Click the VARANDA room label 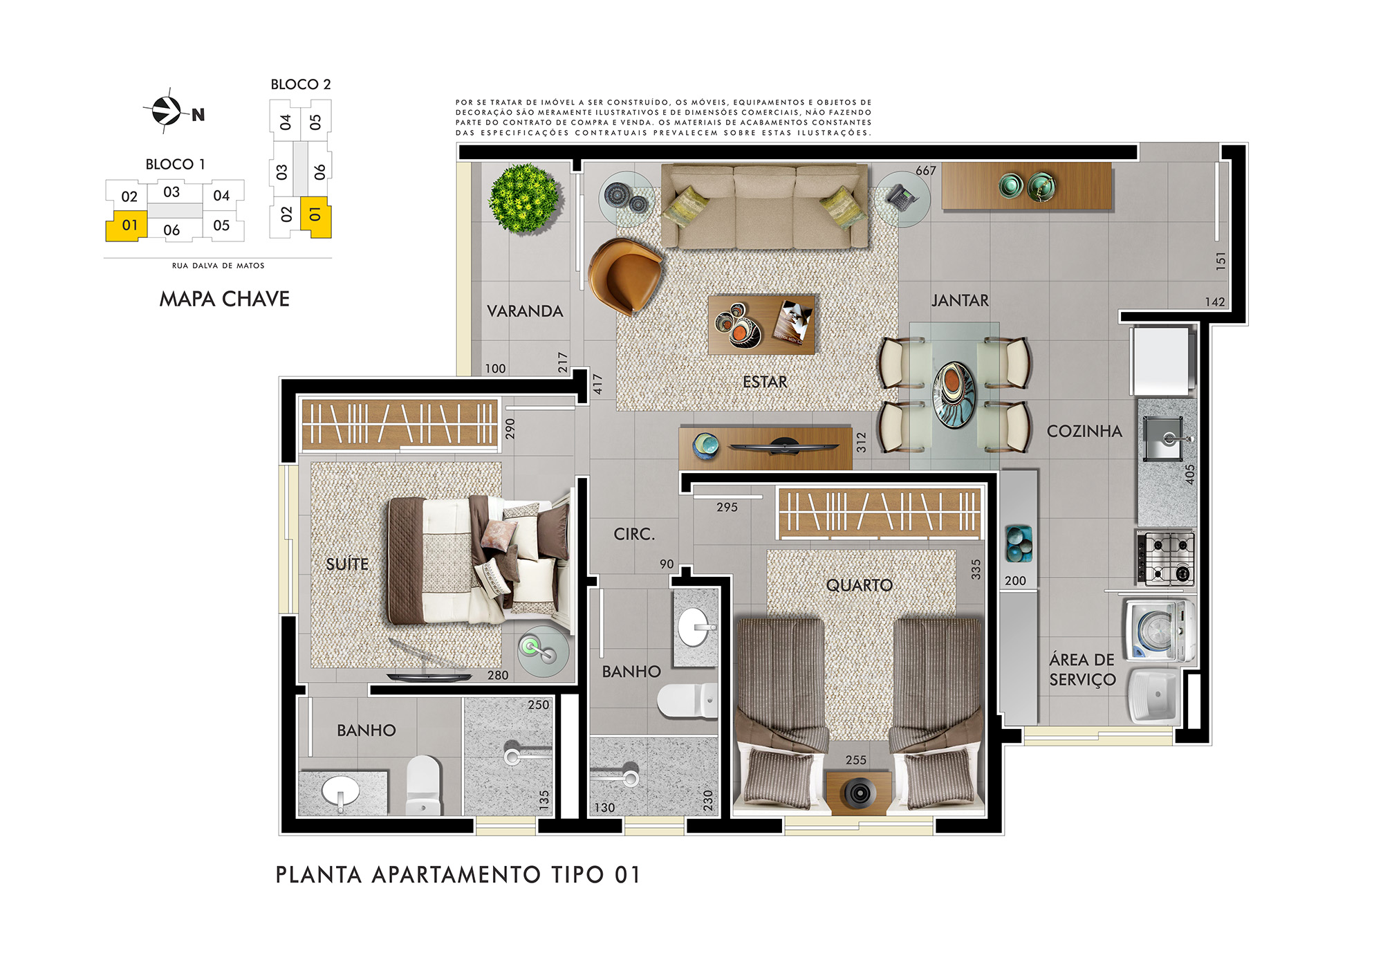point(525,311)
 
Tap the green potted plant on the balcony point(524,198)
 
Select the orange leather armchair point(624,276)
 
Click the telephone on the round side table point(902,198)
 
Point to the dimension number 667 point(926,170)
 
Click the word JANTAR point(960,300)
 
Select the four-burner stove point(1165,558)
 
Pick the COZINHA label point(1084,431)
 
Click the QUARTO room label point(860,585)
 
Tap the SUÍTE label point(347,564)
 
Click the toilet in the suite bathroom point(423,784)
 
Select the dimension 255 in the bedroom point(856,759)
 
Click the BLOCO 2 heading point(301,84)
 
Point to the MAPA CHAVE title point(224,299)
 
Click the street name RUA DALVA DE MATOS point(219,266)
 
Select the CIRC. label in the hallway point(634,534)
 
